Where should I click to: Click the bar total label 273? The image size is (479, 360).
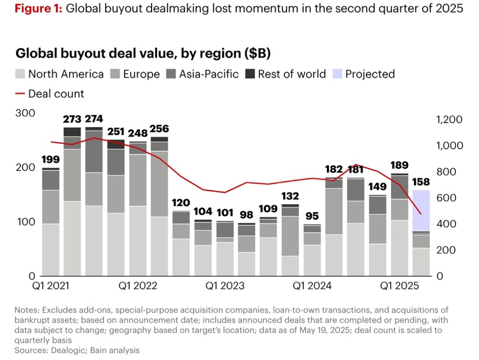(x=72, y=119)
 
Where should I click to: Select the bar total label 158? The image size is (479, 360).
(x=421, y=182)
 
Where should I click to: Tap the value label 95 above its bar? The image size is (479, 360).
(x=312, y=216)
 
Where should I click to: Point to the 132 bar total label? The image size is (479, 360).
(x=290, y=196)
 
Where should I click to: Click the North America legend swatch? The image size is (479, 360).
(x=21, y=74)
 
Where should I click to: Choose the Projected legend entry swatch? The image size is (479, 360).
(x=337, y=74)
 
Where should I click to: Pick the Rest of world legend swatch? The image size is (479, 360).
(x=250, y=74)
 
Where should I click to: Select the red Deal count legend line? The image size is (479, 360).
(x=21, y=94)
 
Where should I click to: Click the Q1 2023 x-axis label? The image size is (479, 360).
(x=225, y=286)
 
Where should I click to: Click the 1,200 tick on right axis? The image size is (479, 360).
(x=449, y=120)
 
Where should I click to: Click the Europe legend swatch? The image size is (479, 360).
(x=115, y=74)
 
